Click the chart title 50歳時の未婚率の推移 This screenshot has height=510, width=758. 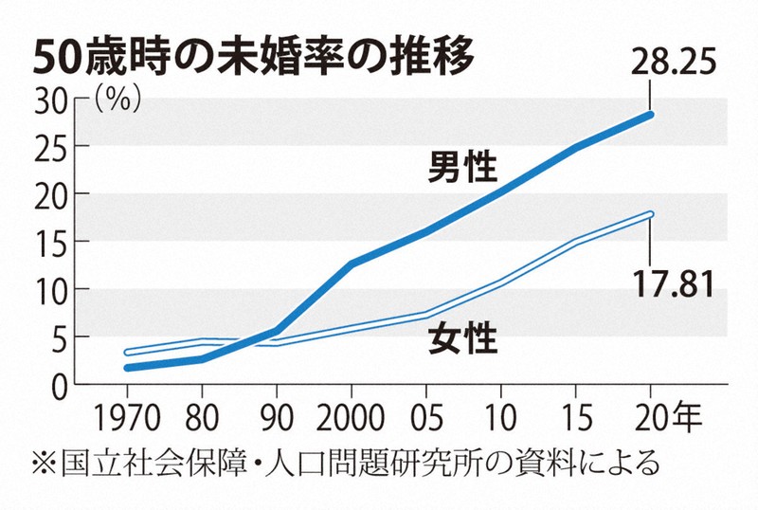coord(251,57)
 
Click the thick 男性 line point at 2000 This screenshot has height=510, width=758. coord(352,264)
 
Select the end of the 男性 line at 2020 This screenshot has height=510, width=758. coord(650,115)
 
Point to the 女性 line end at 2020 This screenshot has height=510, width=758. coord(650,214)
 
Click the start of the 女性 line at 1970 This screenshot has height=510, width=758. coord(127,352)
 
